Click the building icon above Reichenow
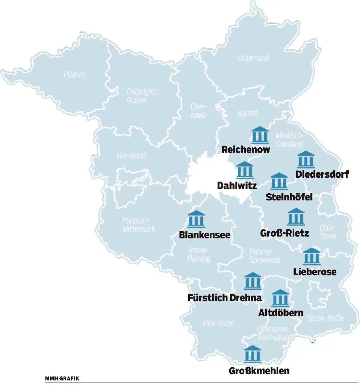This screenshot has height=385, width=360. point(260,135)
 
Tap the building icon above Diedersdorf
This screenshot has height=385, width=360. point(306,160)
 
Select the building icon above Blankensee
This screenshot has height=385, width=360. point(196,220)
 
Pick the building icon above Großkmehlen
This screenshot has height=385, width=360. point(253,354)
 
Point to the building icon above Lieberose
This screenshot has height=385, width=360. point(312,256)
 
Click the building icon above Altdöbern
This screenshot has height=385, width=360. point(280,298)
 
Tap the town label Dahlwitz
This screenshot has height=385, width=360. point(237,186)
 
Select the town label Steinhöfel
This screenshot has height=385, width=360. point(289,197)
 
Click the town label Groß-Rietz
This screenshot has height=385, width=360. point(284,233)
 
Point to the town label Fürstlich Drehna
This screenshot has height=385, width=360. point(224,298)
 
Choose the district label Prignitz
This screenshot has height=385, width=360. point(75,74)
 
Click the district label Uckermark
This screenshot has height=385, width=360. point(253,58)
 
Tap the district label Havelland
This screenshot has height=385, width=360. point(131,155)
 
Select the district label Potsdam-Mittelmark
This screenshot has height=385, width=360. point(138,224)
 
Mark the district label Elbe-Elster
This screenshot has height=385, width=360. point(218,323)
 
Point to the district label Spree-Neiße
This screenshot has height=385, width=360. point(325,319)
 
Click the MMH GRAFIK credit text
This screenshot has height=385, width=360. point(62,378)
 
